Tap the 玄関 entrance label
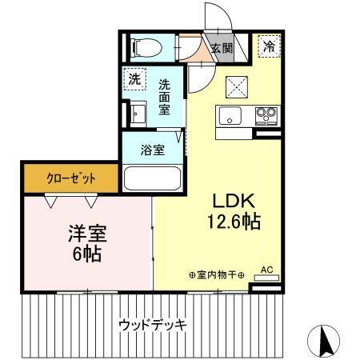221,47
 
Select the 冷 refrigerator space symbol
270,46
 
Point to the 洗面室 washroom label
166,95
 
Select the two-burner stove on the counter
266,115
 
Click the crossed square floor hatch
238,84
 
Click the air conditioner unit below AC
266,279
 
